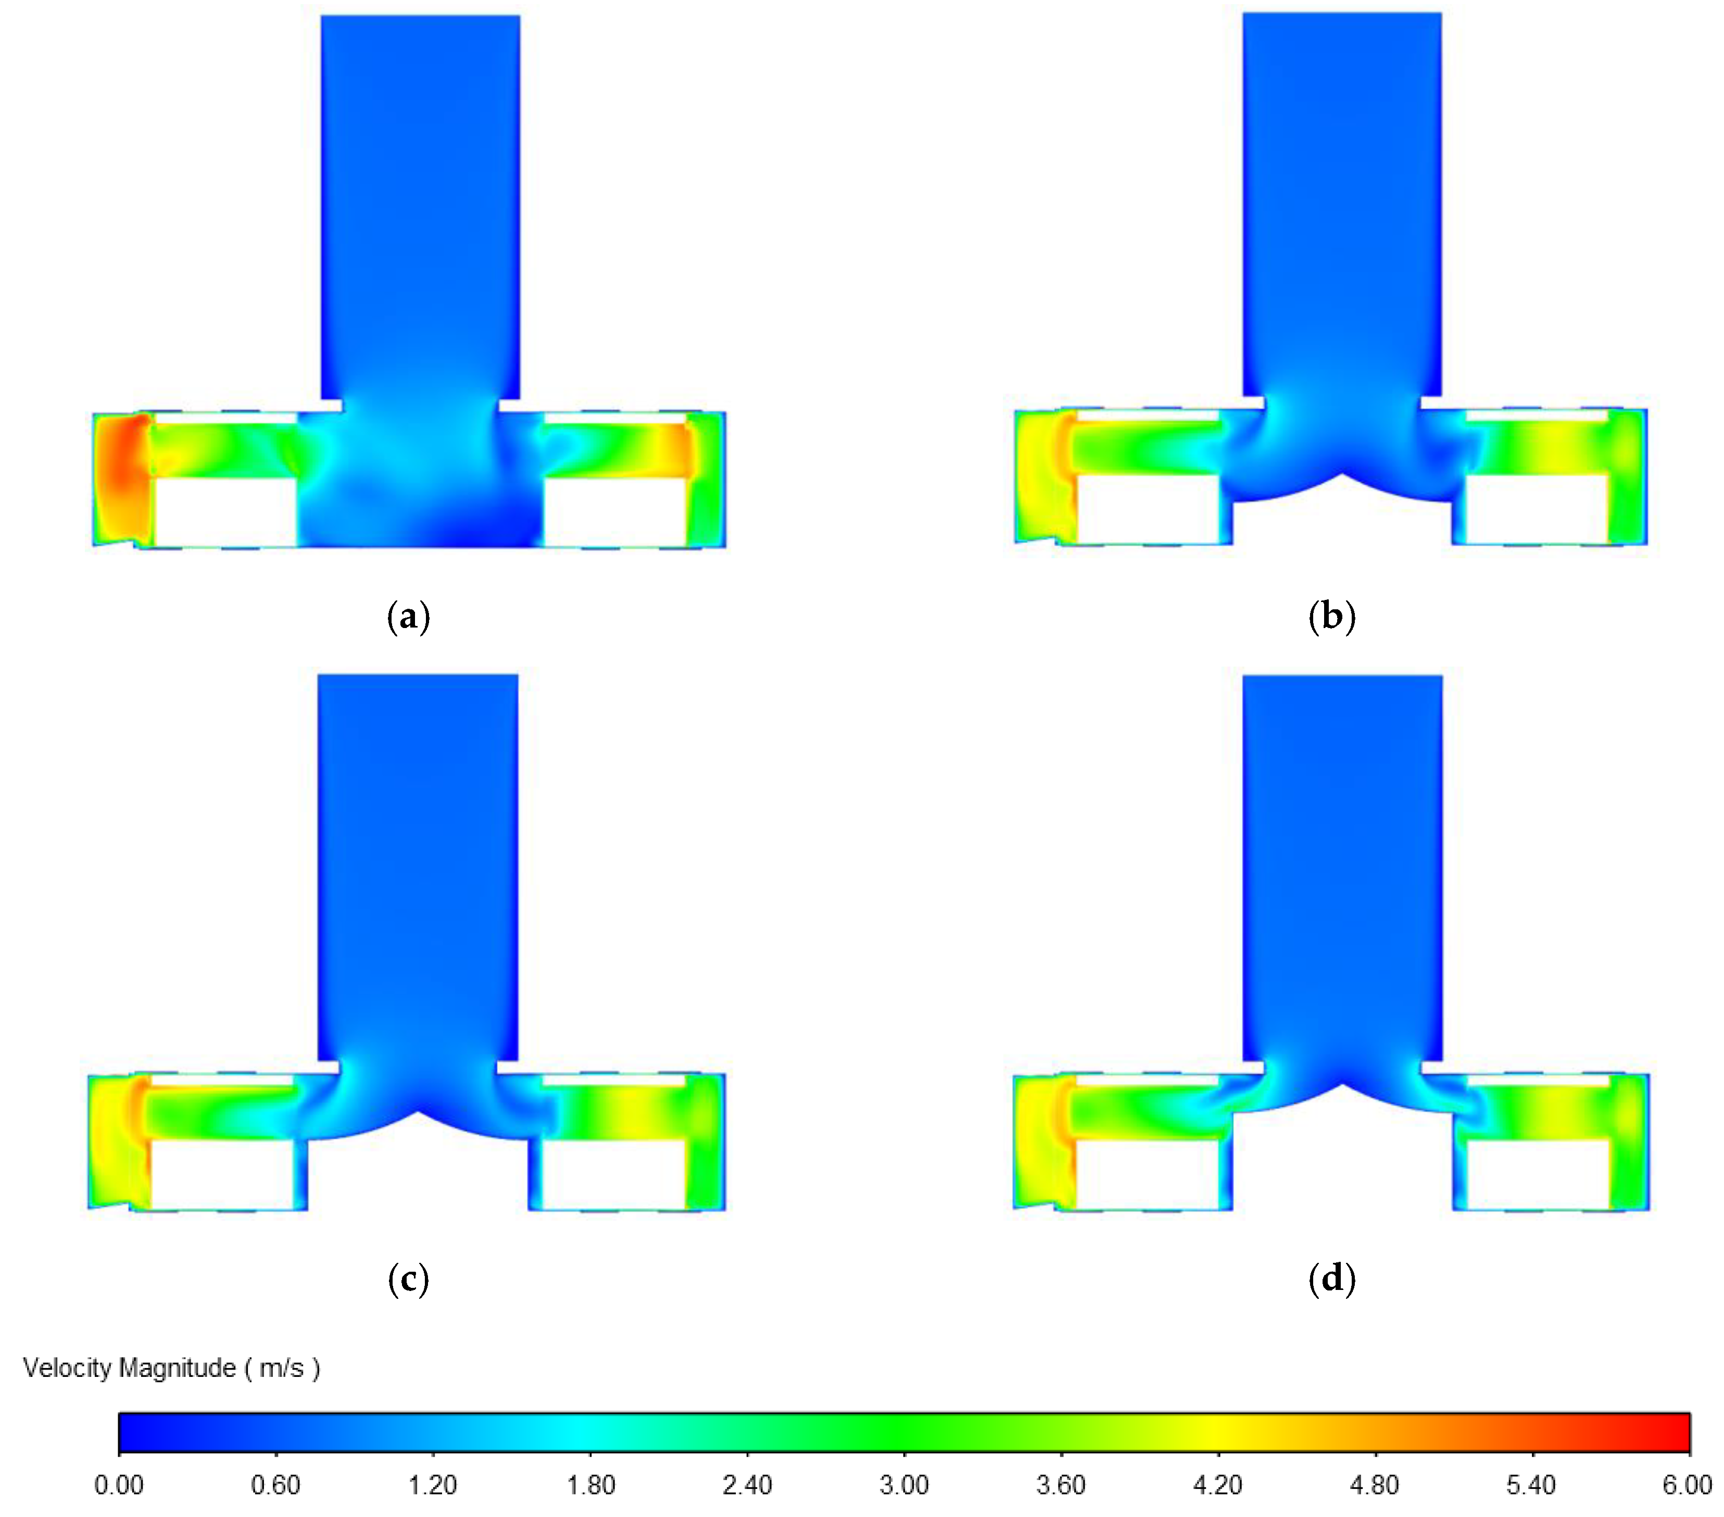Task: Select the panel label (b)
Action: coord(1332,617)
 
